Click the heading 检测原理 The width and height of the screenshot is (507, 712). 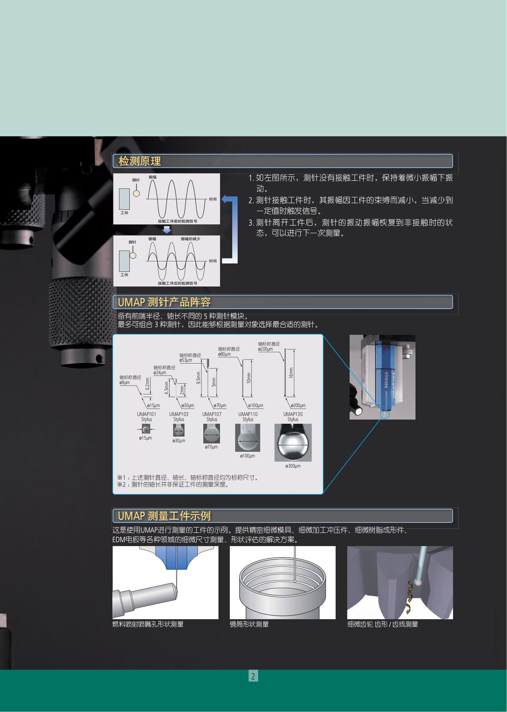pyautogui.click(x=139, y=161)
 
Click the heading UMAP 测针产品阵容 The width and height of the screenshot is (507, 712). pyautogui.click(x=164, y=302)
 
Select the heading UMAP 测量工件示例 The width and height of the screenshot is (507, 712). pyautogui.click(x=164, y=516)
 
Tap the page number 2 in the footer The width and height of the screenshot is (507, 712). pyautogui.click(x=253, y=676)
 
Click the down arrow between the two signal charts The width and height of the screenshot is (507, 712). pyautogui.click(x=167, y=230)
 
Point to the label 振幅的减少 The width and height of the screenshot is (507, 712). pyautogui.click(x=190, y=239)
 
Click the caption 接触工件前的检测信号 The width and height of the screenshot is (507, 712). pyautogui.click(x=177, y=221)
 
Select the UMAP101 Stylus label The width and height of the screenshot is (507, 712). pyautogui.click(x=146, y=417)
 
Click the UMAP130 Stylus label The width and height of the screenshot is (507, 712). pyautogui.click(x=293, y=417)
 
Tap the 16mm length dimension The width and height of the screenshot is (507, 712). pyautogui.click(x=291, y=373)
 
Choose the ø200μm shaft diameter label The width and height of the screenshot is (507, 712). pyautogui.click(x=265, y=349)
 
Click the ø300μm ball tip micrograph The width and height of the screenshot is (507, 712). pyautogui.click(x=293, y=443)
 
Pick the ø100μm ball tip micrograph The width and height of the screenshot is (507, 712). pyautogui.click(x=248, y=437)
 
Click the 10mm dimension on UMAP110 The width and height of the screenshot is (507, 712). pyautogui.click(x=249, y=378)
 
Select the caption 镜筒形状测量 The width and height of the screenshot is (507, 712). pyautogui.click(x=249, y=624)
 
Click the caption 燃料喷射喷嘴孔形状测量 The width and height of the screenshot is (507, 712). pyautogui.click(x=148, y=624)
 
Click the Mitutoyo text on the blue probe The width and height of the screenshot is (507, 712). pyautogui.click(x=386, y=380)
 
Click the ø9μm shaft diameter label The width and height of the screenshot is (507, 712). pyautogui.click(x=125, y=383)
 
